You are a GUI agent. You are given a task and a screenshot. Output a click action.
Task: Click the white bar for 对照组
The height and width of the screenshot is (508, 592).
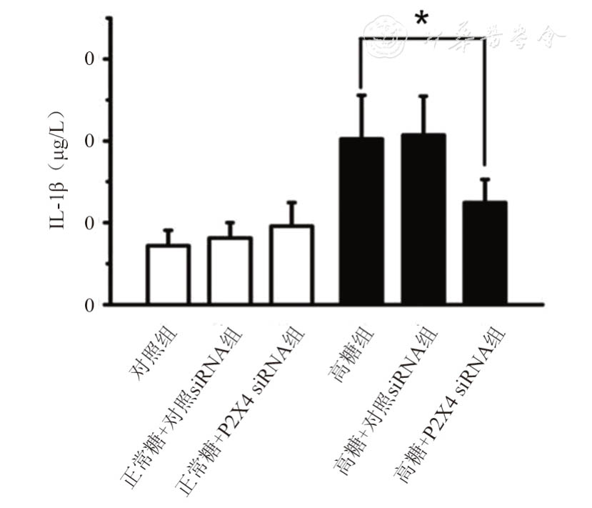[168, 275]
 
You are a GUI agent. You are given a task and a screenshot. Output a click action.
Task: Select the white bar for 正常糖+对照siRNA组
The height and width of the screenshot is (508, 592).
[229, 271]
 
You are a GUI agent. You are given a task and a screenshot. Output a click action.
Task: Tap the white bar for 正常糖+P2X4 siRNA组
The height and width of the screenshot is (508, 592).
[291, 265]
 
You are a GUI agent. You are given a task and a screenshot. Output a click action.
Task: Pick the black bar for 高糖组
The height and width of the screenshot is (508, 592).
[361, 221]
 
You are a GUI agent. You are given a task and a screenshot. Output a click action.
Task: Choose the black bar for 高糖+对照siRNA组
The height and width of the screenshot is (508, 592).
[423, 219]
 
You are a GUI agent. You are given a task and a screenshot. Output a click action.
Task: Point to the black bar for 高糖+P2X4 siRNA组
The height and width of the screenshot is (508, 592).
[485, 253]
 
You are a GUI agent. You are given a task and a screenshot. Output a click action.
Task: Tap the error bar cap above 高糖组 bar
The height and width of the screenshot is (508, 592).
[361, 94]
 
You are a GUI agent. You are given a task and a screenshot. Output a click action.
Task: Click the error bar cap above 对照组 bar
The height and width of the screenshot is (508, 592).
[168, 230]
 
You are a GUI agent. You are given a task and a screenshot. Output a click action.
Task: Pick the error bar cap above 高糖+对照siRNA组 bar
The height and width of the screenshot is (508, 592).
[423, 95]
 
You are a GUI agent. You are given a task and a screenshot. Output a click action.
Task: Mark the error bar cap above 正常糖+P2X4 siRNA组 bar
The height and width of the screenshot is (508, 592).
[291, 202]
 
